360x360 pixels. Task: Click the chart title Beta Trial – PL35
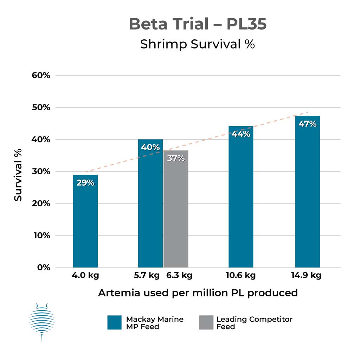(198, 24)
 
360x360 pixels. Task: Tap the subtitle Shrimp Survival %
(197, 45)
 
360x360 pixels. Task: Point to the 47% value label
(307, 124)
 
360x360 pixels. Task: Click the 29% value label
(85, 183)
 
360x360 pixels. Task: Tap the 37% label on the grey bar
(176, 158)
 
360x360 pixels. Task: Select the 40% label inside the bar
(150, 147)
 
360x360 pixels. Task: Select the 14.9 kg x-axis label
(306, 275)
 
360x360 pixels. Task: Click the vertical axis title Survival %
(18, 175)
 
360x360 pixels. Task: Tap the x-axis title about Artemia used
(198, 292)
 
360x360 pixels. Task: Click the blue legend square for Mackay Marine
(115, 322)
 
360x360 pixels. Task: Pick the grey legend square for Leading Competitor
(206, 322)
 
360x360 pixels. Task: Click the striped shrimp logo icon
(41, 321)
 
